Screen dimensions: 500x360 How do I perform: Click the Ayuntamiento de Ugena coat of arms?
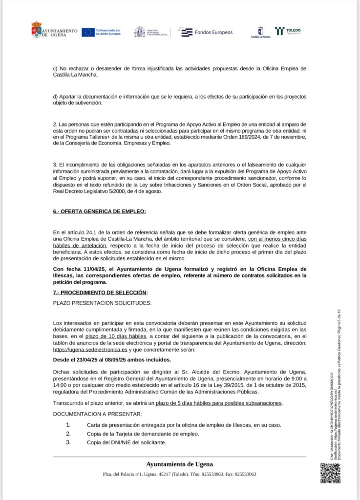(x=36, y=29)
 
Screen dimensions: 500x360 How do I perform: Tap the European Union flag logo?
(x=88, y=32)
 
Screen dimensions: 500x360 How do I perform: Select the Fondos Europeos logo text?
(x=213, y=32)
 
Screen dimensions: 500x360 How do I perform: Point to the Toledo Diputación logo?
(x=288, y=32)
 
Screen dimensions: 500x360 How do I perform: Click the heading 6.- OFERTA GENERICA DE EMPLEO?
(x=99, y=211)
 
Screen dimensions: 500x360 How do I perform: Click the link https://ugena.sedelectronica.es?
(x=90, y=350)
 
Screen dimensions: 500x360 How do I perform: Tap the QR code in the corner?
(x=330, y=473)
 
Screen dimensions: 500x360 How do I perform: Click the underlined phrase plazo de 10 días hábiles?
(x=116, y=336)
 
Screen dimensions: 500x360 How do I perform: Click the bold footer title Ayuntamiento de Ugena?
(x=179, y=464)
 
